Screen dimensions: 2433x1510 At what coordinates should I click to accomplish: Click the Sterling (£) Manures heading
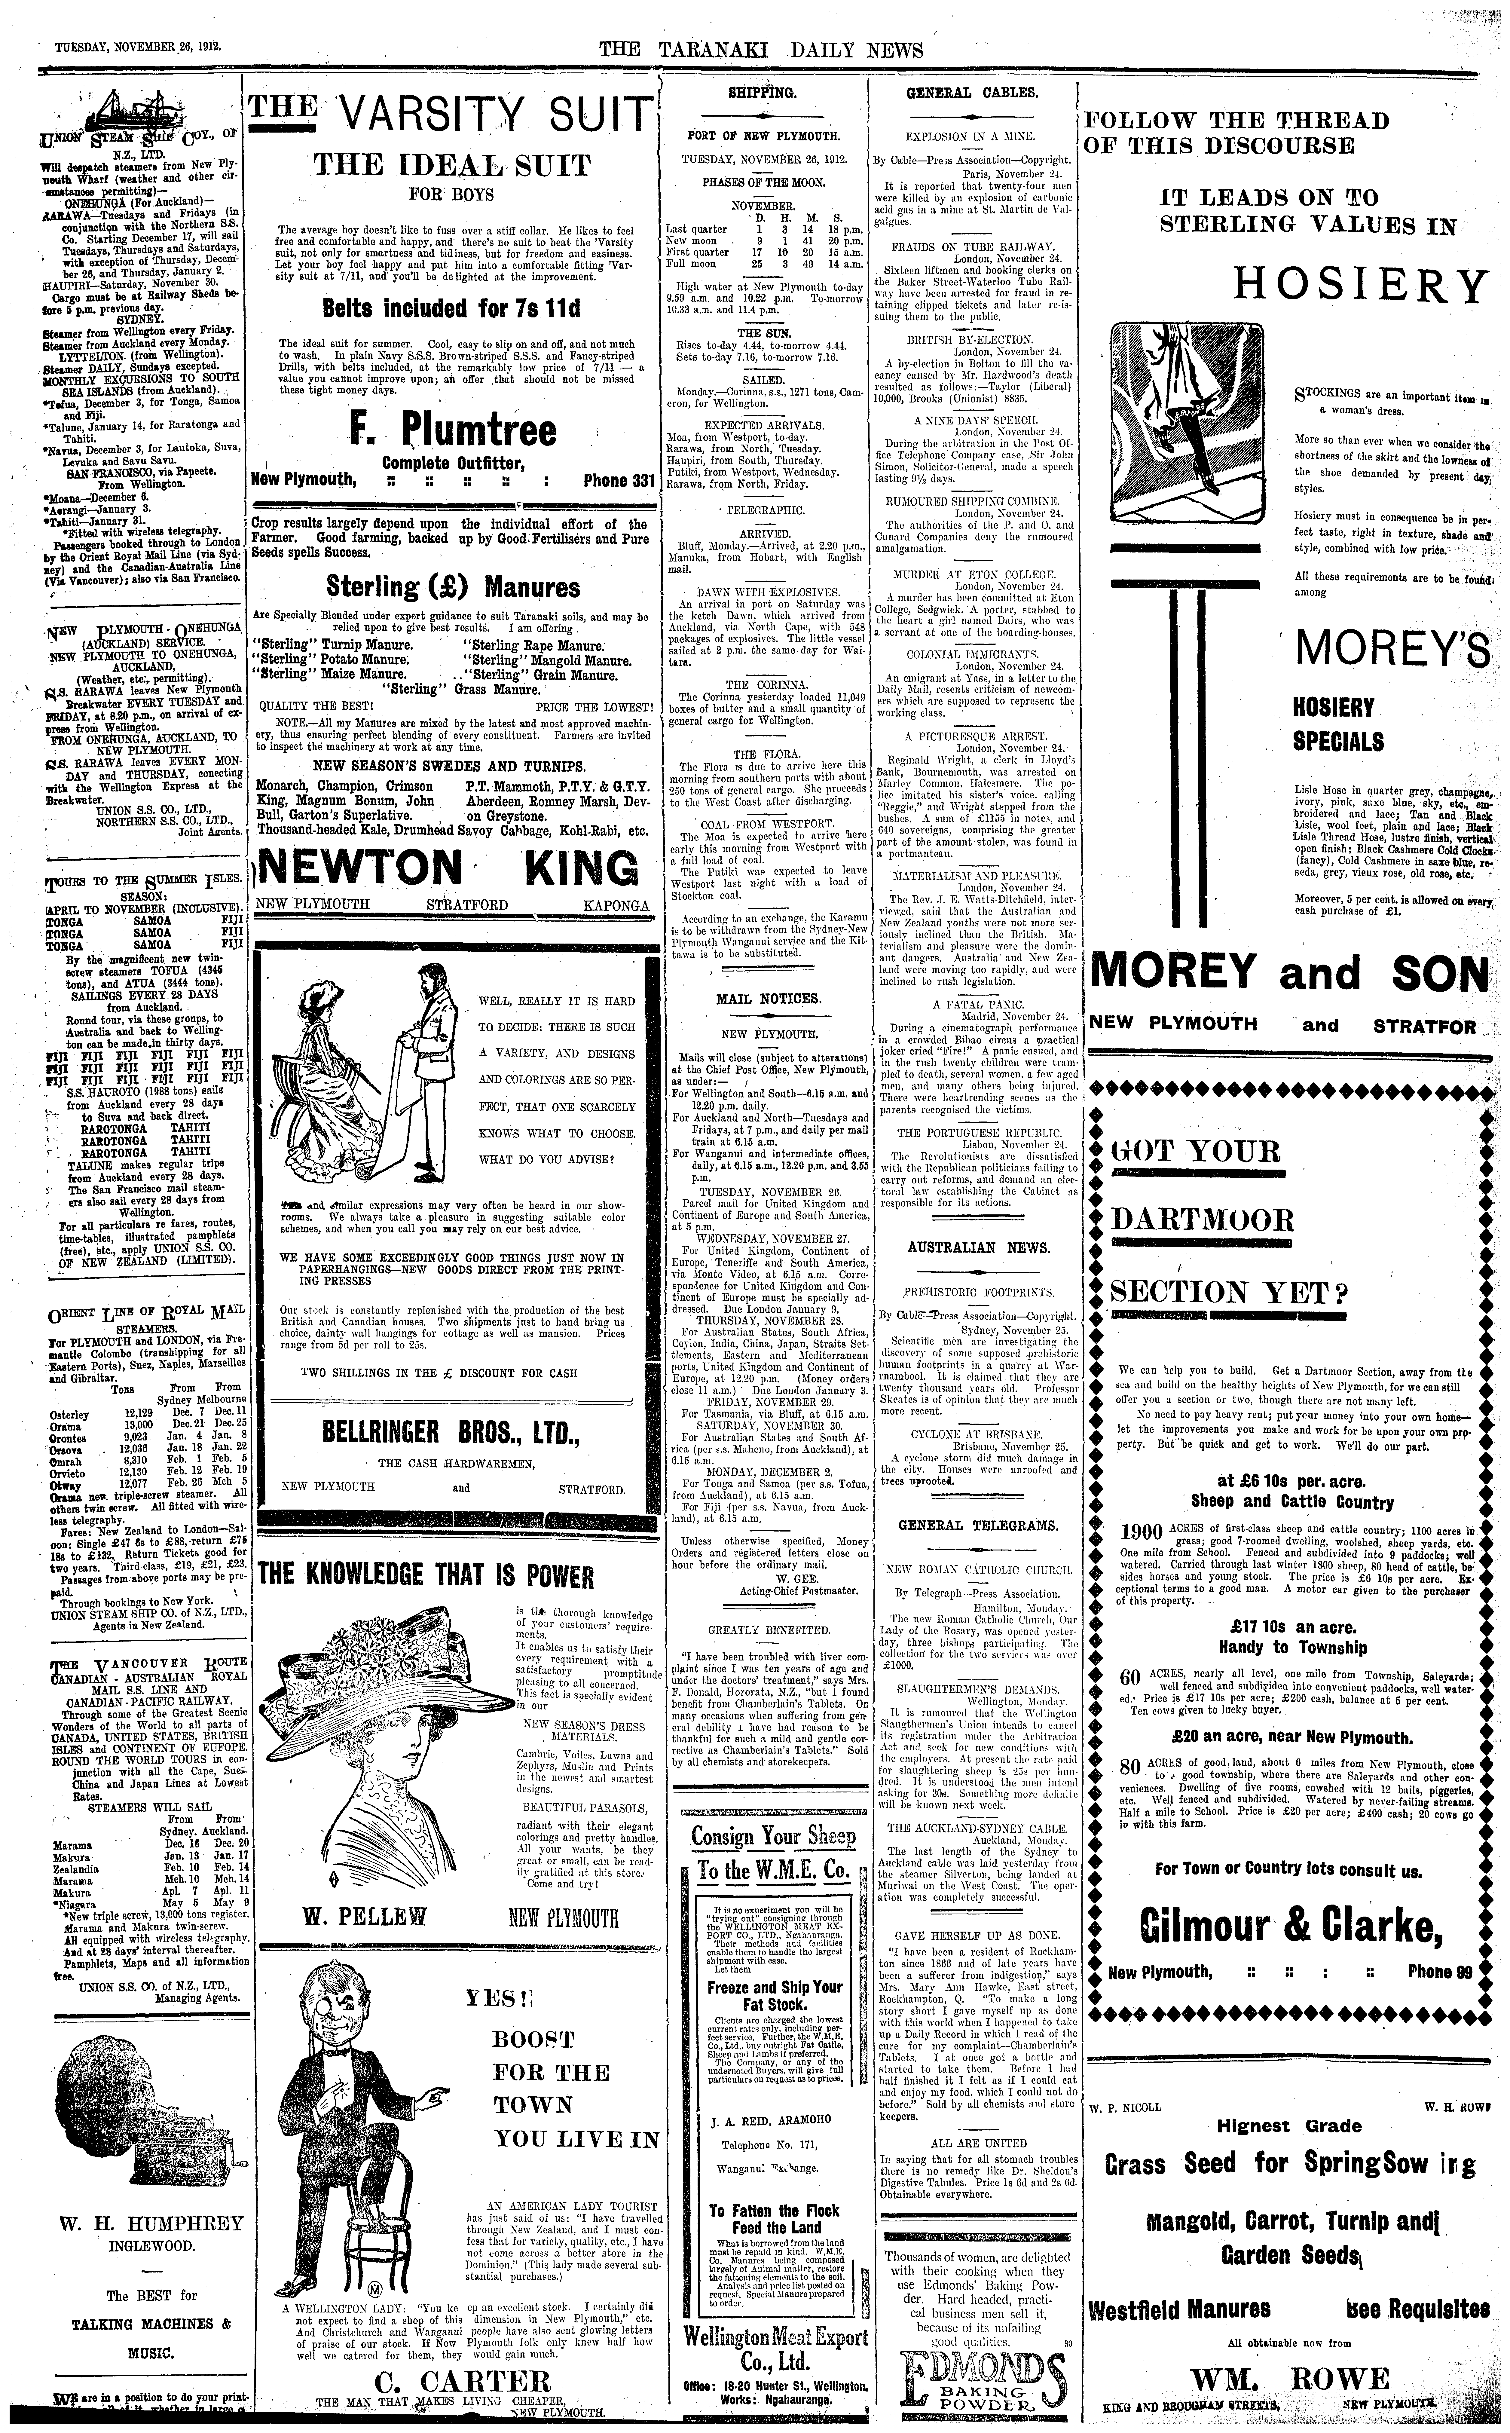(x=452, y=586)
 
